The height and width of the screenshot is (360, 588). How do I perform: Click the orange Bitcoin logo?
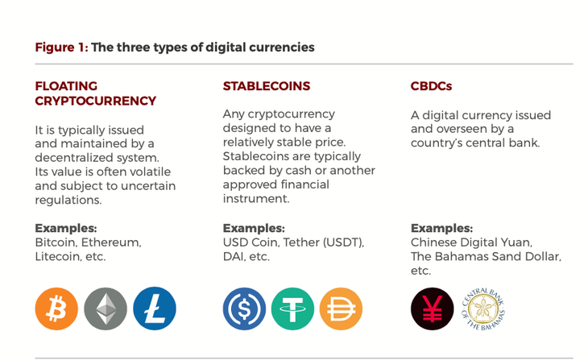56,308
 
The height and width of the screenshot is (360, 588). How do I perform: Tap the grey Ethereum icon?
106,308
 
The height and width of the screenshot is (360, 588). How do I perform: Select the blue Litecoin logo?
155,308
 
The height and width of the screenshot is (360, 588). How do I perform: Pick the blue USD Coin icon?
244,308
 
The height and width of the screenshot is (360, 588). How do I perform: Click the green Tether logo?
292,308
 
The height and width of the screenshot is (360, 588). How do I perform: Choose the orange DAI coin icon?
341,308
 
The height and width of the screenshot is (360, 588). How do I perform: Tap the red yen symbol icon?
432,308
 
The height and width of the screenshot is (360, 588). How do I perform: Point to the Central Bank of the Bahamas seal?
483,309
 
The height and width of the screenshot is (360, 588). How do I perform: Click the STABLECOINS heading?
267,86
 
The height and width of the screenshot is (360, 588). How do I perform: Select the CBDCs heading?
431,86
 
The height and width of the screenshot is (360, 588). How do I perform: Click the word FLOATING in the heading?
66,86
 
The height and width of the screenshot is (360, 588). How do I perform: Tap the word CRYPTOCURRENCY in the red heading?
96,101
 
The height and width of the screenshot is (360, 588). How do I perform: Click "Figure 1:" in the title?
61,48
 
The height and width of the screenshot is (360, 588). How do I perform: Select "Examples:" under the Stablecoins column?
254,228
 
